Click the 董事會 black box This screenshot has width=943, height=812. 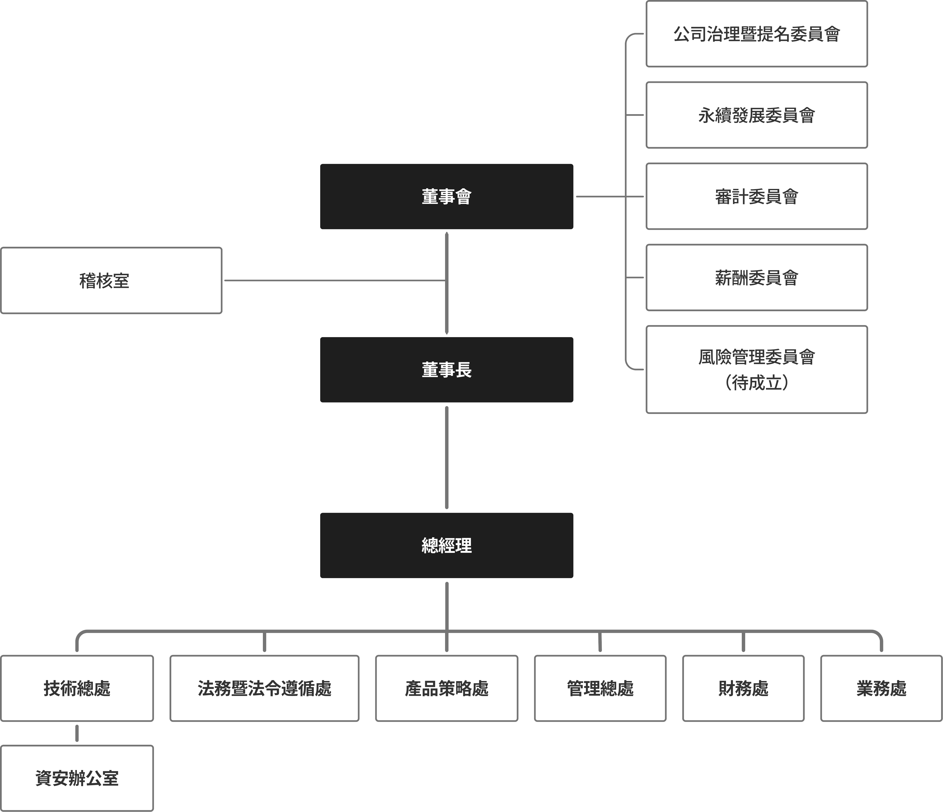pyautogui.click(x=447, y=196)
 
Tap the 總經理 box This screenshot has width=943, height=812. pyautogui.click(x=447, y=545)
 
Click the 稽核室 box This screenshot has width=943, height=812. pyautogui.click(x=111, y=281)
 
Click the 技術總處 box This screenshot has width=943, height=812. pyautogui.click(x=77, y=688)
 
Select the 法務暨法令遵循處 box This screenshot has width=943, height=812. pyautogui.click(x=264, y=688)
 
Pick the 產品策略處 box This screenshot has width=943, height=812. pyautogui.click(x=447, y=688)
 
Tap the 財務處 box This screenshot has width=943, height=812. pyautogui.click(x=743, y=688)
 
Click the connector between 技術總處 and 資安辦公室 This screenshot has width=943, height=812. pyautogui.click(x=77, y=733)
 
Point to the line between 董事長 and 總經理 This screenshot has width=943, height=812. pyautogui.click(x=447, y=457)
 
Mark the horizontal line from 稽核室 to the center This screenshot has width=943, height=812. pyautogui.click(x=335, y=281)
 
